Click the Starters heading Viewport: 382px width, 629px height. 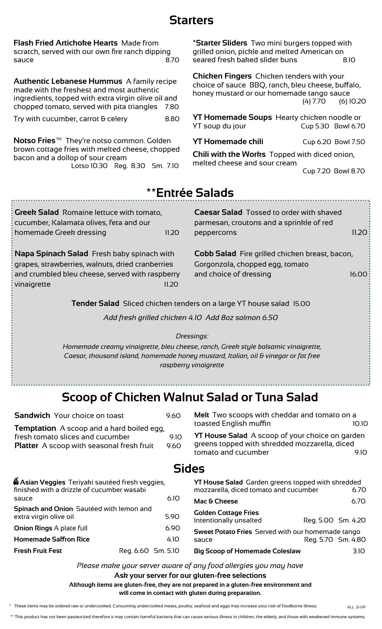191,20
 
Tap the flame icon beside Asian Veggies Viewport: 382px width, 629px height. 16,482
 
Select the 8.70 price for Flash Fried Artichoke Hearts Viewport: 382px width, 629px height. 172,60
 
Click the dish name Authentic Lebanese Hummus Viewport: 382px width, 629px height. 68,81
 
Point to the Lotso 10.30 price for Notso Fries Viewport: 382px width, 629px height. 89,166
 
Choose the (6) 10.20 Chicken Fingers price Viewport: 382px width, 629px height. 352,101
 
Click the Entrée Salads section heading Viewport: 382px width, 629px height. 190,193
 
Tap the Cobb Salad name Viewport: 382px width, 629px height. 215,254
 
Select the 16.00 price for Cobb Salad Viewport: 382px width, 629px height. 358,274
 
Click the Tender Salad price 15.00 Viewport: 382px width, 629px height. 301,304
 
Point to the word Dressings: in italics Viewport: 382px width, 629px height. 192,336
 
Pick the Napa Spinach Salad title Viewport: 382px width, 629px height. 51,254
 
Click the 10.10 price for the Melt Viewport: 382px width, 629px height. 360,424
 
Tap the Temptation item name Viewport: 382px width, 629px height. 35,428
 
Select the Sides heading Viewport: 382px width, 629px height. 189,468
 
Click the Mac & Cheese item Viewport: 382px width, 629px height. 216,501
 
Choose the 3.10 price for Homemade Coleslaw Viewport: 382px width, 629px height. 359,551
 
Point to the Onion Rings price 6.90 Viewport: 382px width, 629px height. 172,528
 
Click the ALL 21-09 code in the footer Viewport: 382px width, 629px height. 356,607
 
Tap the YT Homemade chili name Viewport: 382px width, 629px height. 228,142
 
